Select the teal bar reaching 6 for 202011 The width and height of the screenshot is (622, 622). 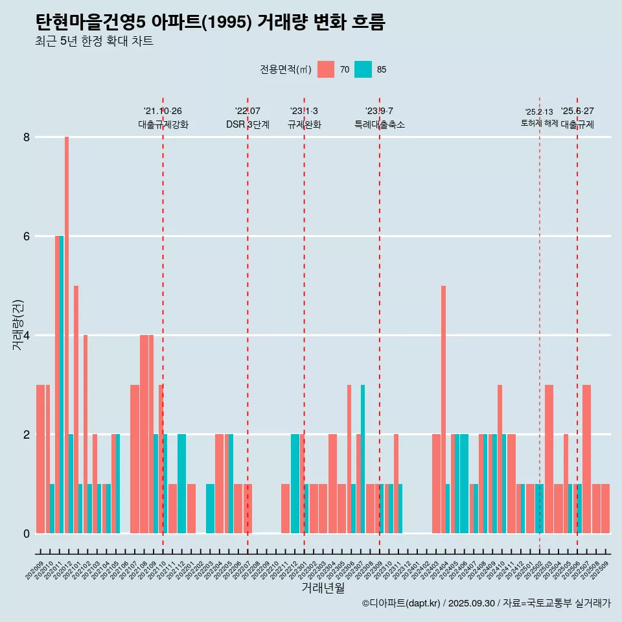pyautogui.click(x=62, y=382)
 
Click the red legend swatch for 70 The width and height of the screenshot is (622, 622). pyautogui.click(x=326, y=69)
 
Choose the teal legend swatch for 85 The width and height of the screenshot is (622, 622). pyautogui.click(x=363, y=69)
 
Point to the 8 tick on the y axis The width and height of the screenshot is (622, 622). pyautogui.click(x=27, y=137)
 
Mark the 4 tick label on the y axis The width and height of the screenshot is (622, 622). pyautogui.click(x=27, y=336)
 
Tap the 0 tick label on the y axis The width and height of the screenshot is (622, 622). pyautogui.click(x=27, y=534)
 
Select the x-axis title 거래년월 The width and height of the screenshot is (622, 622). pyautogui.click(x=323, y=588)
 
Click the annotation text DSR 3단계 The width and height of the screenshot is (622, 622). pyautogui.click(x=248, y=124)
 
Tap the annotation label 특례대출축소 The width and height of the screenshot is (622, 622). pyautogui.click(x=380, y=124)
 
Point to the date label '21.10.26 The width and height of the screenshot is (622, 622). pyautogui.click(x=163, y=111)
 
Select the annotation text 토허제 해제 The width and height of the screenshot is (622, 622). pyautogui.click(x=539, y=123)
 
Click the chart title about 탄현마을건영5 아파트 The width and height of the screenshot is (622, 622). pyautogui.click(x=211, y=23)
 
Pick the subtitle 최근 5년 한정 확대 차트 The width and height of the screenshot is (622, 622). pyautogui.click(x=94, y=41)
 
